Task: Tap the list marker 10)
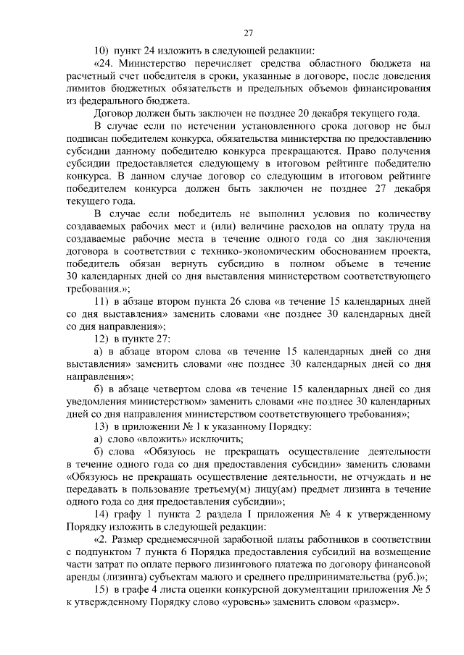click(101, 51)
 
